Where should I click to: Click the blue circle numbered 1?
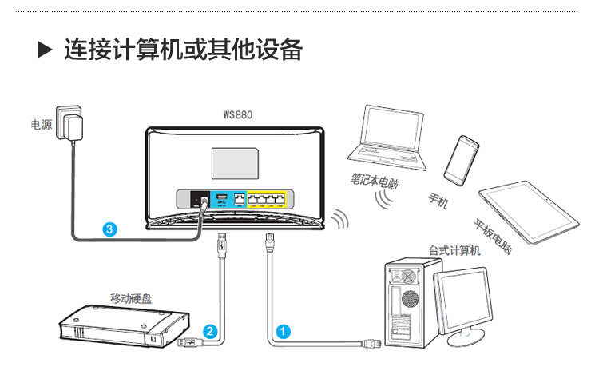click(x=282, y=329)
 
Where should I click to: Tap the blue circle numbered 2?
click(x=209, y=329)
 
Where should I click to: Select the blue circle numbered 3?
click(x=111, y=229)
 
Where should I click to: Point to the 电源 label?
click(x=41, y=125)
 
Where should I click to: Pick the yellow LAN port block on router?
click(x=270, y=199)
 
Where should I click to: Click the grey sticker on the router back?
click(x=235, y=163)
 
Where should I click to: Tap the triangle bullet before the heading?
click(x=45, y=51)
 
